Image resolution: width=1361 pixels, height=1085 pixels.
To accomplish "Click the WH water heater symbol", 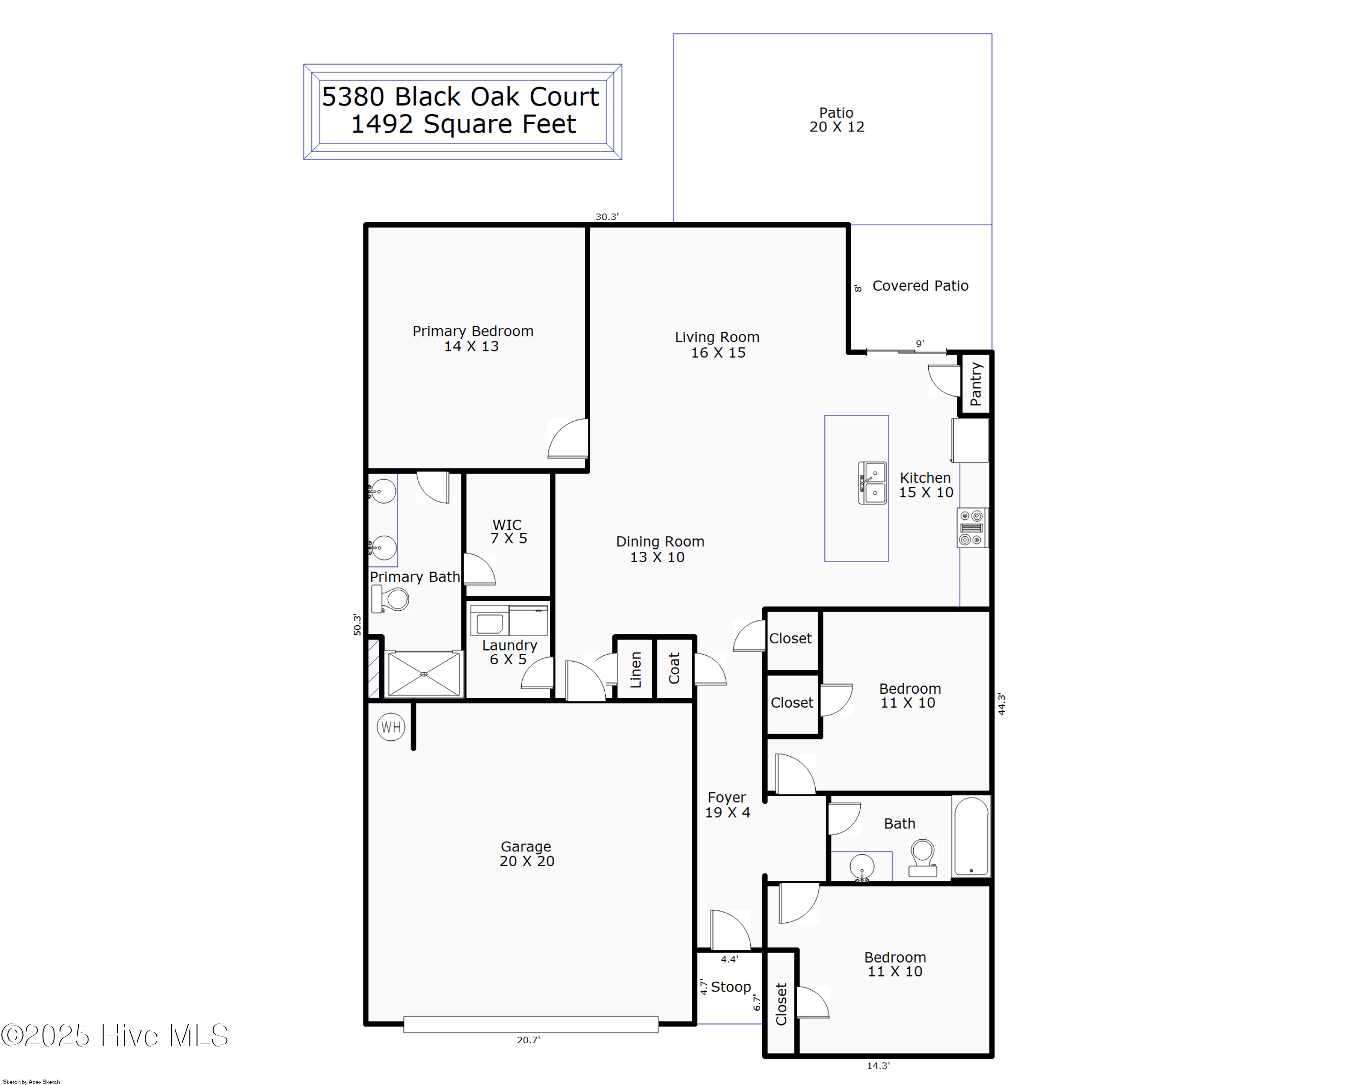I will (x=391, y=727).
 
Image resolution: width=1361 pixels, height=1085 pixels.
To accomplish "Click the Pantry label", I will (x=975, y=384).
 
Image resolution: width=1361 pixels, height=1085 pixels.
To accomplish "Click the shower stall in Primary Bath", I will (x=424, y=674).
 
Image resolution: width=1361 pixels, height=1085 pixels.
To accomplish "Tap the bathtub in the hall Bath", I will (x=971, y=836).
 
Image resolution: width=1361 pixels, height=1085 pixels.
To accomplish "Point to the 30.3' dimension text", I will (x=607, y=216).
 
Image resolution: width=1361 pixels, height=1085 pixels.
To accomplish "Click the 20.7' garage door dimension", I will (x=529, y=1040).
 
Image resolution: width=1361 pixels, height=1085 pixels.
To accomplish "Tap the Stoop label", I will (x=730, y=987).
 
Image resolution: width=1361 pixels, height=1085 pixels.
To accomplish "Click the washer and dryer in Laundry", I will (x=509, y=620).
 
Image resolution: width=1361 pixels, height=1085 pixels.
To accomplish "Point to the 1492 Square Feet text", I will (x=463, y=124).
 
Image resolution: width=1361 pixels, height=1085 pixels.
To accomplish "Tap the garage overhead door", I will (x=530, y=1024).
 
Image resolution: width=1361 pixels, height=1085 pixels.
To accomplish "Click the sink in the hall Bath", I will (x=862, y=867).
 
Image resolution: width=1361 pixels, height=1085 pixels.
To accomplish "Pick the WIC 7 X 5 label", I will (x=508, y=531).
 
